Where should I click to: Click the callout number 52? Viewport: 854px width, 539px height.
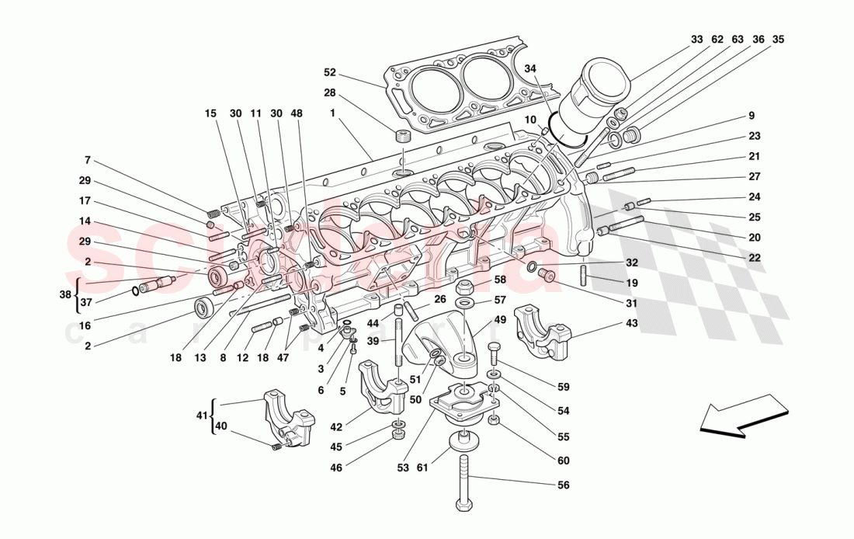tap(330, 72)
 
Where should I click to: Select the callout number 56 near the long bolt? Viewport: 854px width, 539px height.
tap(564, 485)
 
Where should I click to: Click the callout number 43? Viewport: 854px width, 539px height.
tap(633, 323)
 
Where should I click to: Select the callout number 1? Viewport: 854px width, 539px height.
tap(332, 113)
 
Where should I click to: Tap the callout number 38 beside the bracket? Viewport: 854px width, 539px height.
tap(66, 294)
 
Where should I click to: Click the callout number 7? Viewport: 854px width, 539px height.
tap(89, 160)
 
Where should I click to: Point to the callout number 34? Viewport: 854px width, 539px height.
tap(530, 68)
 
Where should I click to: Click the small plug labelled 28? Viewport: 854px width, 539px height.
tap(401, 138)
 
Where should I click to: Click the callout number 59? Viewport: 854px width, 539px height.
tap(564, 386)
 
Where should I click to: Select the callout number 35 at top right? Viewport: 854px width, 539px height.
tap(779, 38)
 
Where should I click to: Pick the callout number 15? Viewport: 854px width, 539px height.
tap(211, 113)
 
